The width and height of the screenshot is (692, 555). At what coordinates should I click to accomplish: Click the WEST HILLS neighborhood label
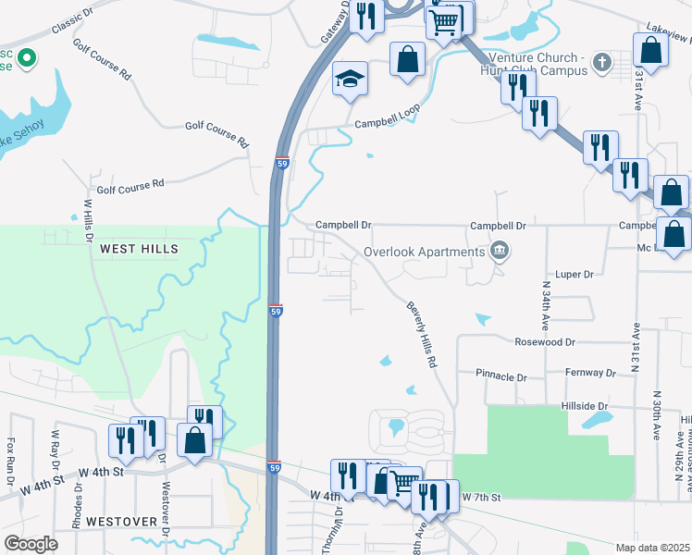click(138, 250)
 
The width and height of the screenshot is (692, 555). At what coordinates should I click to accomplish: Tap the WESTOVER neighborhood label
click(121, 522)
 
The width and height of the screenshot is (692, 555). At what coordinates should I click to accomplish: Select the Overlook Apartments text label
click(425, 252)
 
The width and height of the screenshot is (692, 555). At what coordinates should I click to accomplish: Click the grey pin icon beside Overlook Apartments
click(500, 251)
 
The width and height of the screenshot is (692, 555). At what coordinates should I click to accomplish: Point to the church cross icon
click(602, 63)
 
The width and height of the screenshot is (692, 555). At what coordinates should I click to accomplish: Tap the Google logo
click(30, 543)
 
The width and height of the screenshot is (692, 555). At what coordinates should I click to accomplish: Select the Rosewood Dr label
click(545, 342)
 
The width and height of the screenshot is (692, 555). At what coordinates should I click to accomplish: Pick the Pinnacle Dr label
click(500, 377)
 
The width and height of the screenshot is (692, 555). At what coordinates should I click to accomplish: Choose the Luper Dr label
click(574, 275)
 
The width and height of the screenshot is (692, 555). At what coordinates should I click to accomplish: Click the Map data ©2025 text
click(651, 548)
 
